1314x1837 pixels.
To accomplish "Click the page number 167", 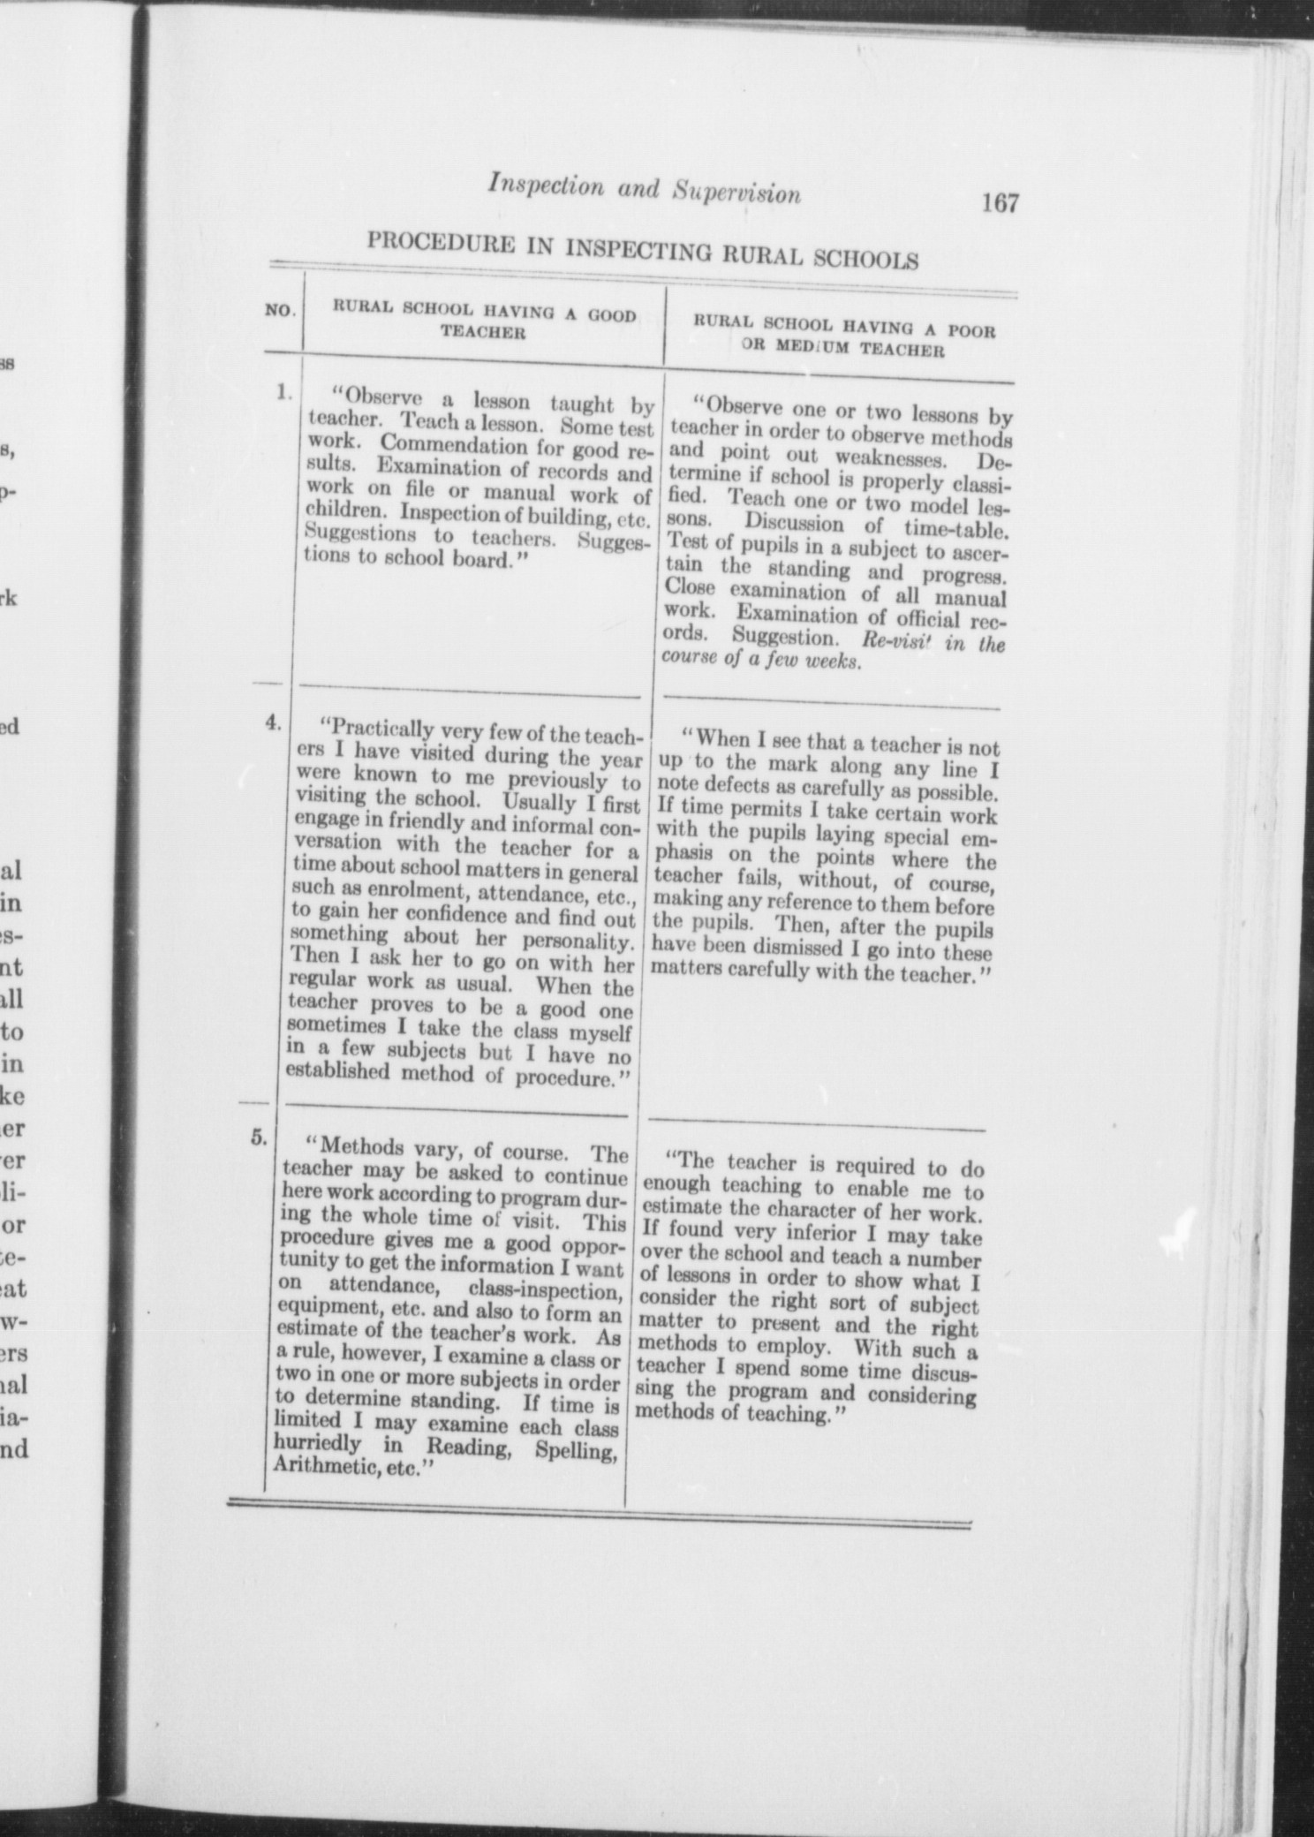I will (998, 204).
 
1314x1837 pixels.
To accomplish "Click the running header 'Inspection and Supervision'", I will (644, 191).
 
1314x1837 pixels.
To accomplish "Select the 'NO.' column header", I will (281, 311).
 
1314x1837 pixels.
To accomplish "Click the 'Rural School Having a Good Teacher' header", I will (484, 322).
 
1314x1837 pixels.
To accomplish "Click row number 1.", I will (283, 393).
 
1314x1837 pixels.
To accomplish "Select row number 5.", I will (258, 1138).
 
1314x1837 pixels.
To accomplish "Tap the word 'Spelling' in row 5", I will (576, 1451).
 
